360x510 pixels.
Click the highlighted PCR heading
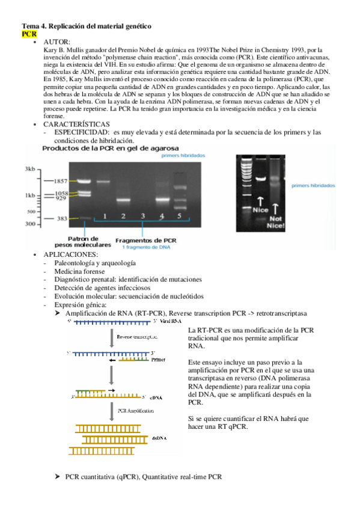point(29,34)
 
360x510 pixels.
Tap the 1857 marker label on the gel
point(59,180)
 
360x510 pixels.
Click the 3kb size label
point(31,170)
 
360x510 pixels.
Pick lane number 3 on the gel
point(142,215)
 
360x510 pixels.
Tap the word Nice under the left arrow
point(260,210)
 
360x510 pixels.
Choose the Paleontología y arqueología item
point(94,263)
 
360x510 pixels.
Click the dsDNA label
point(159,438)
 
